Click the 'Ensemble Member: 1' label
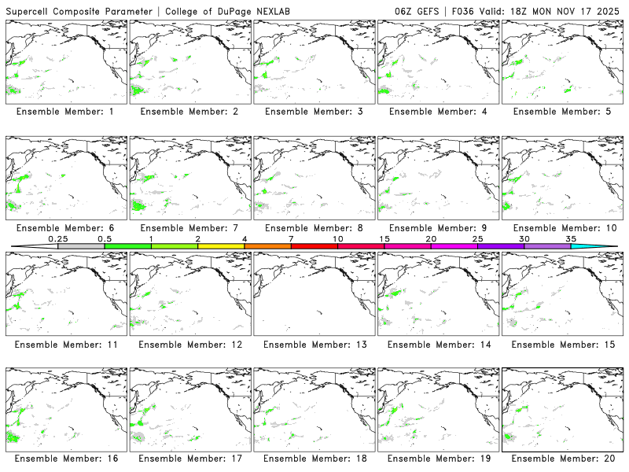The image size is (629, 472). [x=65, y=112]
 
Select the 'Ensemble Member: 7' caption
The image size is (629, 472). [x=189, y=228]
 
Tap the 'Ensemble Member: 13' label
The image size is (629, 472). [x=313, y=345]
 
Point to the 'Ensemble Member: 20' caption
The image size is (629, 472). [x=561, y=458]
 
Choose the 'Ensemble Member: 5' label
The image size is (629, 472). [x=561, y=112]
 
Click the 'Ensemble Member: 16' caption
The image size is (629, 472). [x=65, y=458]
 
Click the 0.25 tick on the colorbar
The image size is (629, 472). [x=57, y=239]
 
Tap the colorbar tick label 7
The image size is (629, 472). [x=291, y=239]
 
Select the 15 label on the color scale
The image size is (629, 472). [x=384, y=239]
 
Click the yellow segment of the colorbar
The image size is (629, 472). [x=221, y=247]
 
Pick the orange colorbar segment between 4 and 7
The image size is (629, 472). [x=267, y=247]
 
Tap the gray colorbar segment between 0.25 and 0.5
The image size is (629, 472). [x=81, y=247]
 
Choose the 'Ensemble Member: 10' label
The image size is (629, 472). [x=561, y=228]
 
